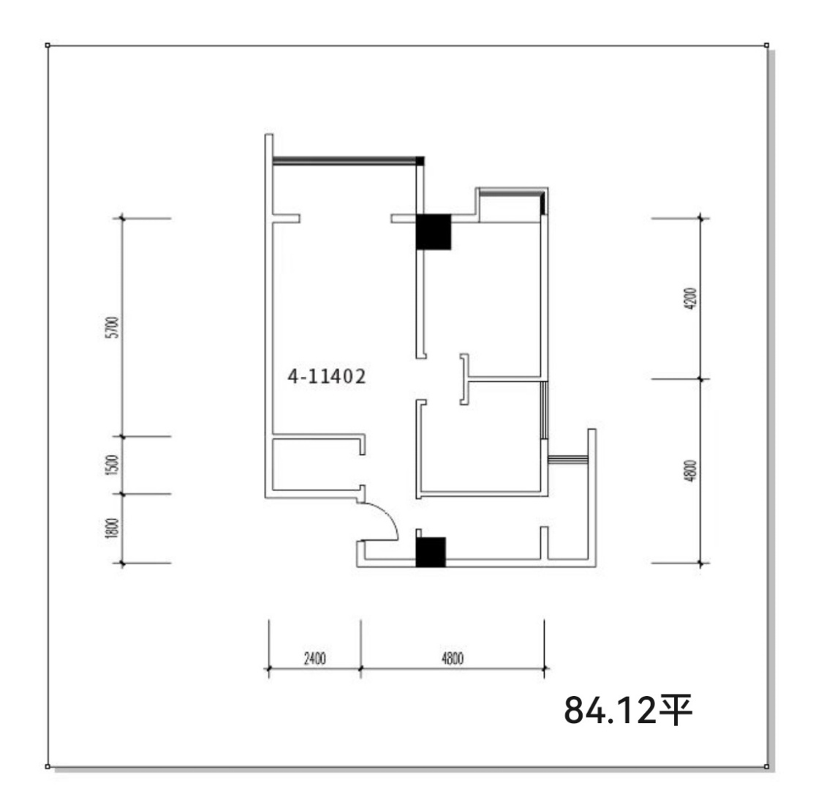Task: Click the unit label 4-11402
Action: (327, 376)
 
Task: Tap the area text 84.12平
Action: (628, 710)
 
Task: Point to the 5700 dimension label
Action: (113, 327)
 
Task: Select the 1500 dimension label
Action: (113, 465)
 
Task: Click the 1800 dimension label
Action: (113, 528)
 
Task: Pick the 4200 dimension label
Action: (691, 299)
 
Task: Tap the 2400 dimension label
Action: (314, 659)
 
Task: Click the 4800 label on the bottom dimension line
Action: (452, 659)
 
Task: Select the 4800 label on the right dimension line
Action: (691, 471)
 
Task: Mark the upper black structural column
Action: (434, 232)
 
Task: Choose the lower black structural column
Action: (431, 552)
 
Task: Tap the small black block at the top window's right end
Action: (420, 161)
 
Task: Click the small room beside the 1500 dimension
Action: (316, 465)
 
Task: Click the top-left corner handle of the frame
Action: (48, 45)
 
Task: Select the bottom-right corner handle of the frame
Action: (766, 766)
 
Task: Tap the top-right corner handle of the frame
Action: (766, 45)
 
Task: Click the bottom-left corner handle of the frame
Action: (48, 766)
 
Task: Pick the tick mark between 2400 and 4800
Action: (361, 669)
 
